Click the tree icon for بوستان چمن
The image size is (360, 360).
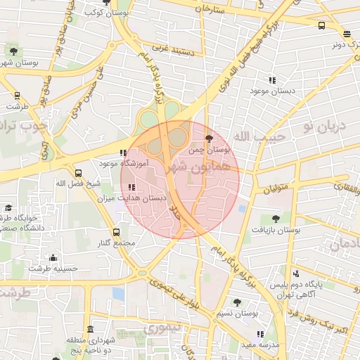coord(208,139)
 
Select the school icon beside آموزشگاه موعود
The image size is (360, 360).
coord(123,153)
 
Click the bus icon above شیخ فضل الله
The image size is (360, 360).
coord(78,172)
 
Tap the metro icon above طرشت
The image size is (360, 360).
coord(17,96)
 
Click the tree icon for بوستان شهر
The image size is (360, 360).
coord(12,50)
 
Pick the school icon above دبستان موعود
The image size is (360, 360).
coord(271,80)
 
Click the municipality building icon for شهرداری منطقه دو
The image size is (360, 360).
coord(90,329)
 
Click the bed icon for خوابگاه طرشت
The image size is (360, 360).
coord(8,207)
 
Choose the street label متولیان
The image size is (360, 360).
coord(277,188)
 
